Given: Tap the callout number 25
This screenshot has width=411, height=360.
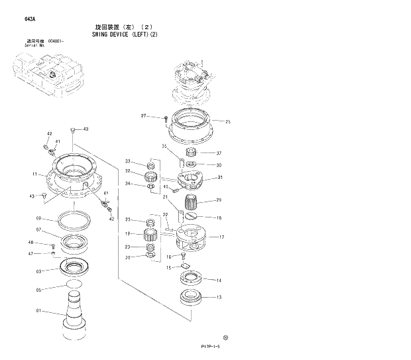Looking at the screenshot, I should click(x=227, y=121).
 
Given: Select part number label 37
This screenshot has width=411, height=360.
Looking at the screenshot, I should click(x=219, y=152).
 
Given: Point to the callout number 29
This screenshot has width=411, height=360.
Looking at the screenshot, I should click(x=219, y=200).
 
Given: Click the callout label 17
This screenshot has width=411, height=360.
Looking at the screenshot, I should click(x=221, y=237).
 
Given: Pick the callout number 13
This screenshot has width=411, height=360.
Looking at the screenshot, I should click(x=219, y=297).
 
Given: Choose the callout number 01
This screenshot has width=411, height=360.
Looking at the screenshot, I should click(x=39, y=310).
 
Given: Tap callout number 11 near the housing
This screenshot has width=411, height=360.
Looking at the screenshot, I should click(x=34, y=174).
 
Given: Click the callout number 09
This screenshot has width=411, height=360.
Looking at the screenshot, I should click(x=39, y=218).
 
